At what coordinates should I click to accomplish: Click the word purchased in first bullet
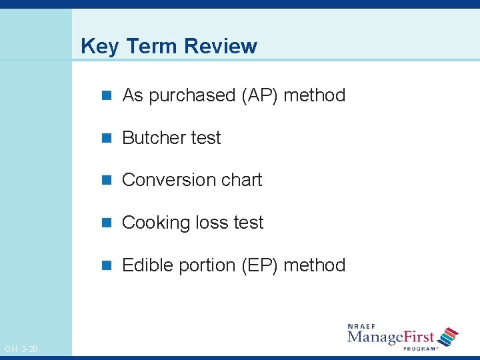tap(192, 96)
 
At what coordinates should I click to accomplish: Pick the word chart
tap(242, 180)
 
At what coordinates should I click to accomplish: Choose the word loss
tap(211, 223)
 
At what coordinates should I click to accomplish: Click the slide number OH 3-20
tap(21, 349)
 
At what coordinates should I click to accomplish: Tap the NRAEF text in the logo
tap(363, 327)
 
